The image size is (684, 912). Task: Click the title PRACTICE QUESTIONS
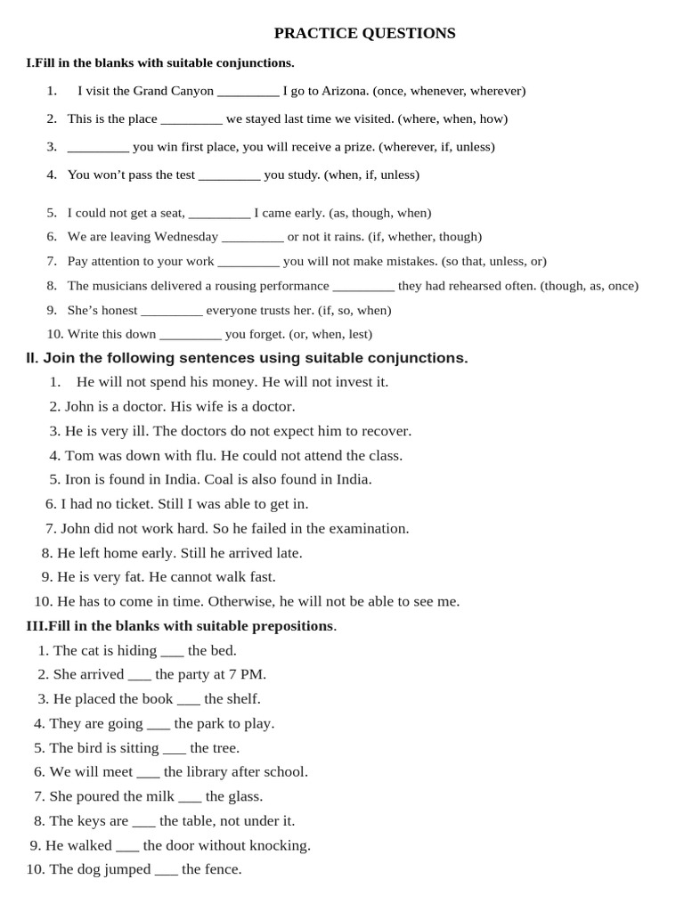coord(364,34)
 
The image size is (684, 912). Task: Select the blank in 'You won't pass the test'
coord(229,175)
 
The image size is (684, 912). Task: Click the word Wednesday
coord(186,237)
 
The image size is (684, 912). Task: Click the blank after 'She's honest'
coord(172,311)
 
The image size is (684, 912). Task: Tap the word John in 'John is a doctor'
coord(79,407)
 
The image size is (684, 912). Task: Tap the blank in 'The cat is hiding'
coord(172,651)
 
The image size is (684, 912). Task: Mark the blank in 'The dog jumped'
coord(166,869)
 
